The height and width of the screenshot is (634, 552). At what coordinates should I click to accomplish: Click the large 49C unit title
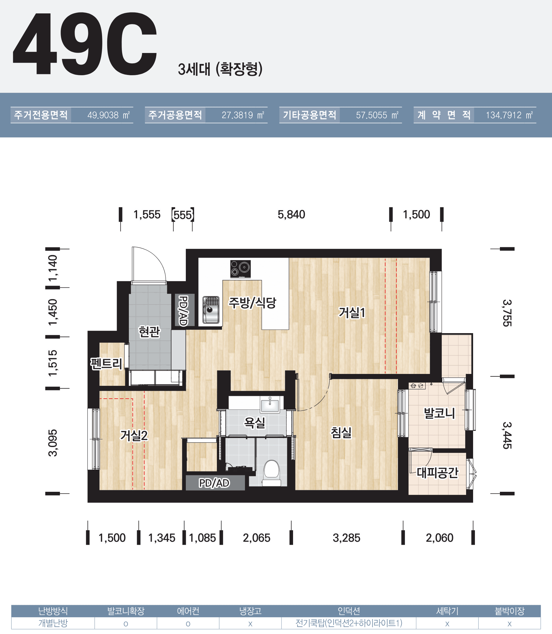pos(85,44)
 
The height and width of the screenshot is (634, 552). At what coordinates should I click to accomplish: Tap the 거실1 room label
pos(352,312)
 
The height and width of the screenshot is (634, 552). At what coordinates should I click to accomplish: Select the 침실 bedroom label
pos(341,432)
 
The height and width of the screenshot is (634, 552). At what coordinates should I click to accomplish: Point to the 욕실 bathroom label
pos(254,422)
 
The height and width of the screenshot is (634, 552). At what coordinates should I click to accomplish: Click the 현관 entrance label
pos(149,332)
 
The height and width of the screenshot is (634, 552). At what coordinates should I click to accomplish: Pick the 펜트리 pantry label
pos(106,364)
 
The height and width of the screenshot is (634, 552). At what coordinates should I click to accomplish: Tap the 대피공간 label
pos(437,473)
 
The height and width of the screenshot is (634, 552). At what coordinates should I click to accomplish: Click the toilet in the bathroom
pos(271,473)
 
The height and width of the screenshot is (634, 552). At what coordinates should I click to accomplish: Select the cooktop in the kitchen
pos(240,269)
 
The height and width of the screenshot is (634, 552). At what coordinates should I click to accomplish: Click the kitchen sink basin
pos(211,309)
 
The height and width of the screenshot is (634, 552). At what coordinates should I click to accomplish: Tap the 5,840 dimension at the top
pos(291,215)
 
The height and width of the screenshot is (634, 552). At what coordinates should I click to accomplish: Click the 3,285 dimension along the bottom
pos(346,538)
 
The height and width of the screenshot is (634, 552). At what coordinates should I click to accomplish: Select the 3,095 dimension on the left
pos(53,442)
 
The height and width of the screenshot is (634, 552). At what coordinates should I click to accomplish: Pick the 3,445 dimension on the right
pos(507,435)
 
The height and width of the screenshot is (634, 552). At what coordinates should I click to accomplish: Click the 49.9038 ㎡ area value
pos(108,115)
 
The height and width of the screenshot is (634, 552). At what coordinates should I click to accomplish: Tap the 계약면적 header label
pos(444,115)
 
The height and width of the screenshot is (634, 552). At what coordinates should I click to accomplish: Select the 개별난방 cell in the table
pos(53,623)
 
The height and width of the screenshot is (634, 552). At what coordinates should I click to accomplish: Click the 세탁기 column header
pos(447,611)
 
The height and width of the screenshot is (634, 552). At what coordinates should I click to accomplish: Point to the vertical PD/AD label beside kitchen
pos(183,311)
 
